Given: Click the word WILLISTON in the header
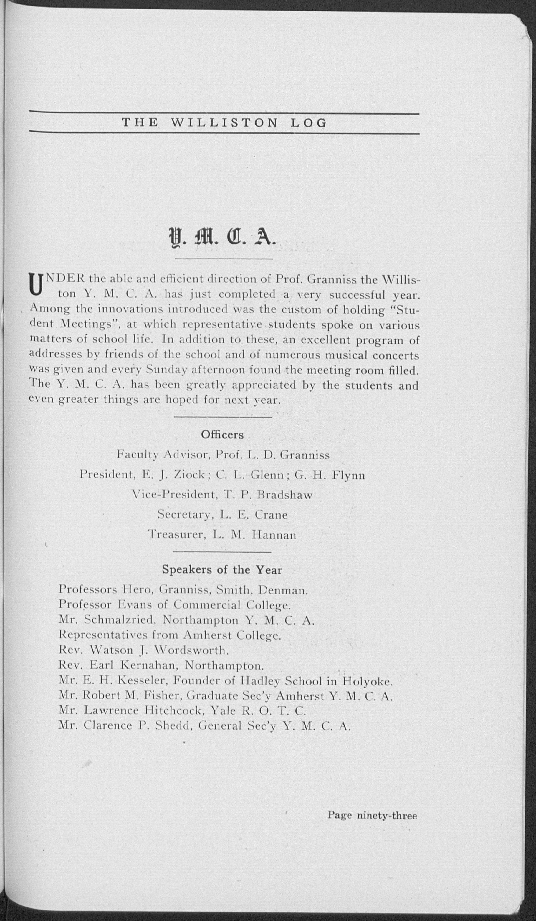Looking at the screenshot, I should coord(224,123).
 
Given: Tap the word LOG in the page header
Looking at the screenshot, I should coord(308,123).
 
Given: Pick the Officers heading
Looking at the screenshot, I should coord(222,435).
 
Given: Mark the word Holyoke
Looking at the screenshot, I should coord(368,681).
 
